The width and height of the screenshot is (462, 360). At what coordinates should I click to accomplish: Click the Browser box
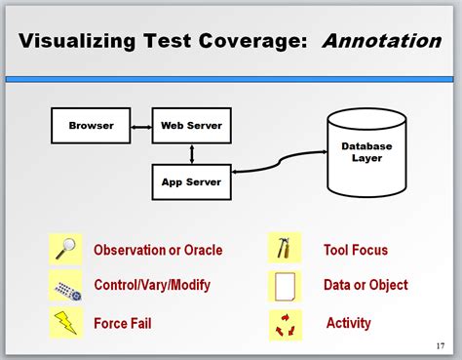pyautogui.click(x=91, y=125)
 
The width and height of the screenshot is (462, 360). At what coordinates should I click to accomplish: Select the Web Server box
pyautogui.click(x=191, y=125)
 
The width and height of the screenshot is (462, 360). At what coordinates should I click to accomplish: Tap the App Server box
pyautogui.click(x=191, y=181)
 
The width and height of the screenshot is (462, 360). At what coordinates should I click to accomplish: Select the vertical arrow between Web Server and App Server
pyautogui.click(x=192, y=153)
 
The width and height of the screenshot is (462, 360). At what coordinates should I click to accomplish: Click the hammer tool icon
pyautogui.click(x=284, y=249)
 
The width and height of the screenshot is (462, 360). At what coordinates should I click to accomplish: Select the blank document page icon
pyautogui.click(x=285, y=286)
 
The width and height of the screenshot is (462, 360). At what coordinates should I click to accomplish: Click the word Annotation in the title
pyautogui.click(x=381, y=41)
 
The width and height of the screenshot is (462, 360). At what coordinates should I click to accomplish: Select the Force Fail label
pyautogui.click(x=123, y=323)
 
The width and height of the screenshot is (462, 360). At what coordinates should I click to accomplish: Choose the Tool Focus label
pyautogui.click(x=355, y=250)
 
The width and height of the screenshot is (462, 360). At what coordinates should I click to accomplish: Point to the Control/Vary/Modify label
pyautogui.click(x=152, y=286)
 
